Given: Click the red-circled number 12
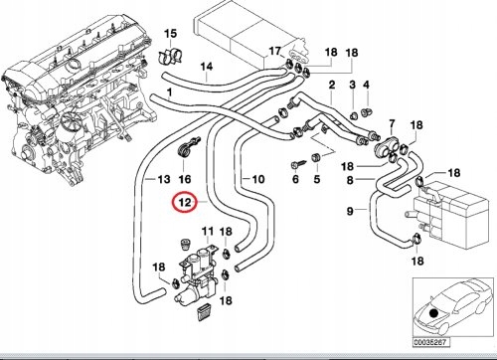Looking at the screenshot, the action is (185, 202).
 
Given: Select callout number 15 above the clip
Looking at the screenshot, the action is (171, 34).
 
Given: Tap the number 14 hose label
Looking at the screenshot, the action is (207, 67).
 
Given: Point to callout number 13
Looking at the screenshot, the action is (164, 179).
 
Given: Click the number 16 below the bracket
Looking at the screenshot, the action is (185, 179).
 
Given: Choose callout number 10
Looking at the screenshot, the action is (258, 179).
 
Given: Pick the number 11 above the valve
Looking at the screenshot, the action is (208, 231).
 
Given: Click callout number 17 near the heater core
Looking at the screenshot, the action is (274, 51).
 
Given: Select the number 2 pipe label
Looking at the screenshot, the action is (332, 85).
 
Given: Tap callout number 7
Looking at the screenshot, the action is (392, 124).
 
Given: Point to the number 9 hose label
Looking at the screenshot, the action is (350, 211).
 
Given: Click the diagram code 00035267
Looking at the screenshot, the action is (431, 342).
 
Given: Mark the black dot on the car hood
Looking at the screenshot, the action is (432, 313).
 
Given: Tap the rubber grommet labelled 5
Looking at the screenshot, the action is (316, 157).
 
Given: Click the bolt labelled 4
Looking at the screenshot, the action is (366, 112).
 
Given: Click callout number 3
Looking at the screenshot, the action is (352, 85).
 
